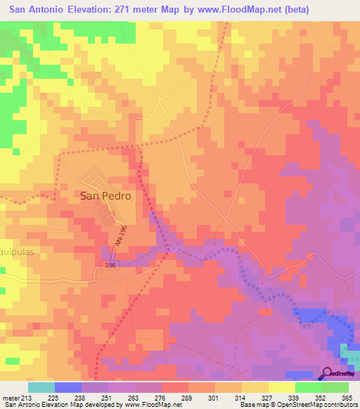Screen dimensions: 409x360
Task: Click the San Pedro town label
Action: pyautogui.click(x=105, y=197)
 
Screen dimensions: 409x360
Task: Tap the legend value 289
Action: pyautogui.click(x=187, y=397)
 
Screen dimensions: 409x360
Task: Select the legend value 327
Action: pyautogui.click(x=267, y=397)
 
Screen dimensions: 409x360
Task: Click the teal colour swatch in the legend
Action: pyautogui.click(x=41, y=387)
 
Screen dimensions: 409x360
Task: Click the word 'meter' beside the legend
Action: pyautogui.click(x=11, y=397)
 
